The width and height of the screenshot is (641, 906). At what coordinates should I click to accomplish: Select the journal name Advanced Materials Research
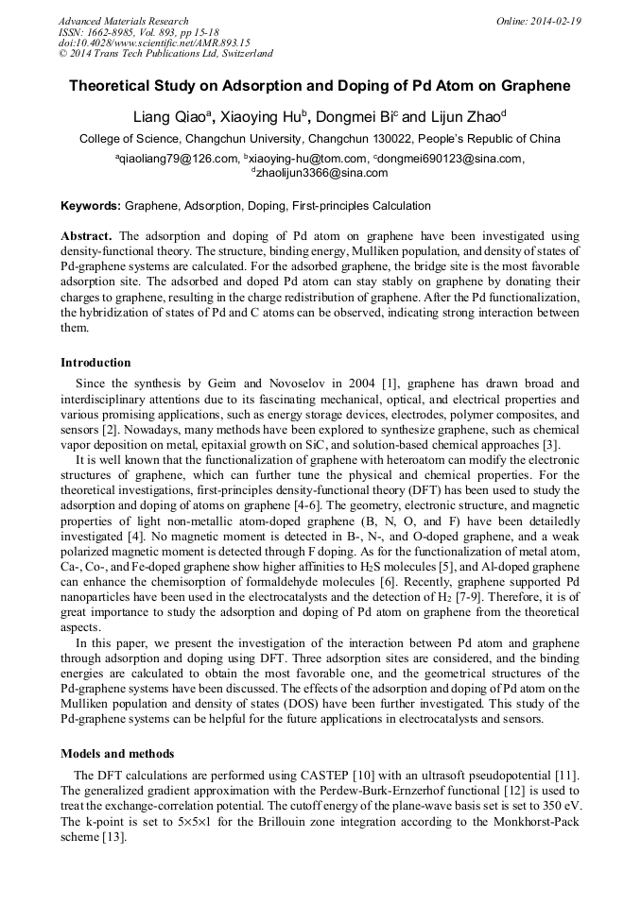(123, 21)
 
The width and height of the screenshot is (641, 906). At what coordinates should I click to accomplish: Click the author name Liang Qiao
(169, 117)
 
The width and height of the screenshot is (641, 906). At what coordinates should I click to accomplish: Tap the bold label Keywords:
(91, 205)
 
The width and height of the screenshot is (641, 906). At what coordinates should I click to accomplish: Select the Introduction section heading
(95, 362)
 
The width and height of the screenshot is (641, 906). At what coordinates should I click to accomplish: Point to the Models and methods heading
(117, 753)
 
